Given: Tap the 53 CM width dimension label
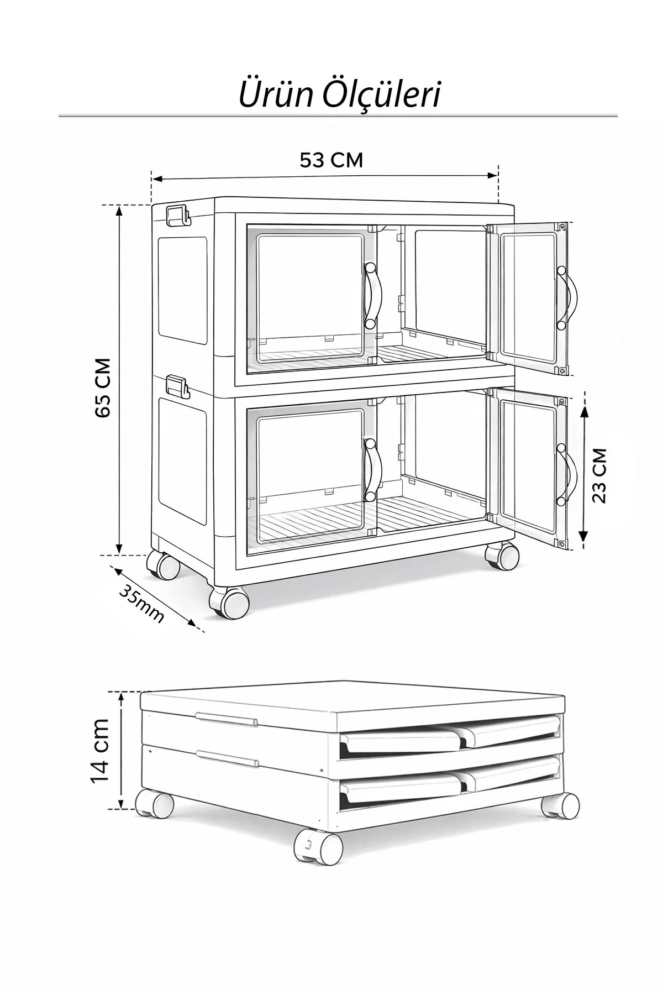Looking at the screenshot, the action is [331, 160].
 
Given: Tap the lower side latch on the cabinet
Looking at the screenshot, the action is [178, 387].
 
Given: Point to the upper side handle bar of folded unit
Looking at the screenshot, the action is [226, 719].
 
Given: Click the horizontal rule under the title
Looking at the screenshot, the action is [338, 117].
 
